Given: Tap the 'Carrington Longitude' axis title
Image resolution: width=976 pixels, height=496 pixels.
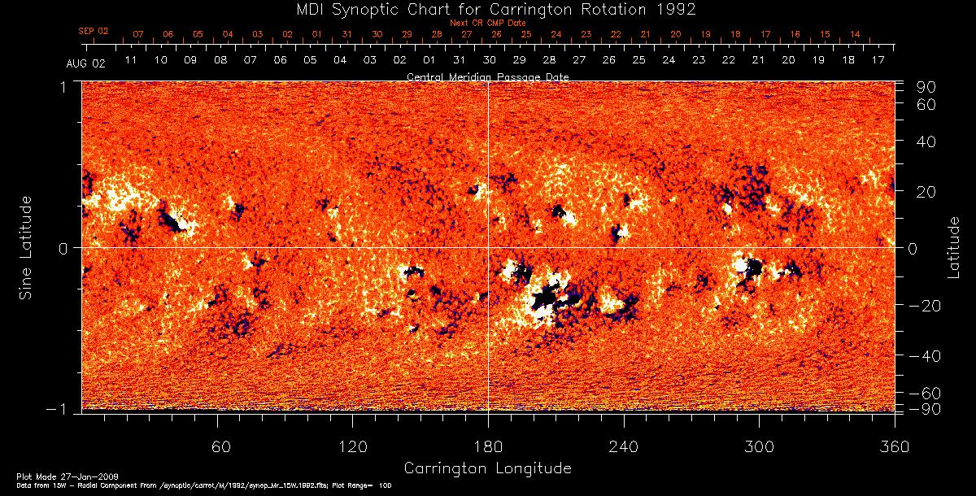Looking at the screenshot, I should [487, 468].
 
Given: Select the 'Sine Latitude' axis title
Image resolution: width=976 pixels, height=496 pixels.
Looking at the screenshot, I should [26, 247].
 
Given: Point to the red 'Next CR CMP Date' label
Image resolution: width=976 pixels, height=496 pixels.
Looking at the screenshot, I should [487, 23].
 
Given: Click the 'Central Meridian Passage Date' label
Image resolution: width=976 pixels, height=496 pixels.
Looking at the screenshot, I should [487, 76].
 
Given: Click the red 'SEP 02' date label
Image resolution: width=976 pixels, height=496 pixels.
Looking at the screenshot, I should [94, 31].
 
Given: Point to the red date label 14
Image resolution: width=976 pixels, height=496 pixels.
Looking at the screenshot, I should [855, 34].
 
